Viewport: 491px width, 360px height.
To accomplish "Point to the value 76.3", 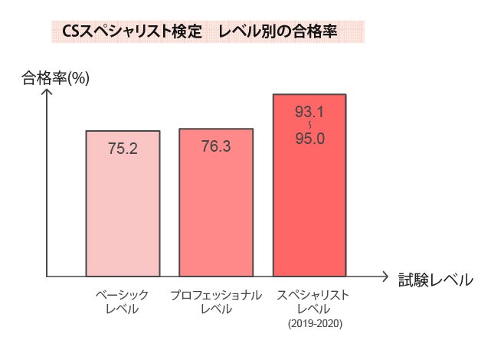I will [x=216, y=146].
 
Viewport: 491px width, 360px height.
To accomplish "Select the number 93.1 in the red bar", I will [x=309, y=113].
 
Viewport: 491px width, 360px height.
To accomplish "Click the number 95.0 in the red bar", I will [x=309, y=139].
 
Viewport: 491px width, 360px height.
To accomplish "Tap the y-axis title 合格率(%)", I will [x=56, y=77].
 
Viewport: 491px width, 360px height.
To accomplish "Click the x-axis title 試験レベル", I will [x=435, y=280].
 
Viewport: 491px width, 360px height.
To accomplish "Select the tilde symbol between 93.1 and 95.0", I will [x=309, y=126].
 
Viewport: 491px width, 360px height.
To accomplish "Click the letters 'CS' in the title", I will [x=70, y=32].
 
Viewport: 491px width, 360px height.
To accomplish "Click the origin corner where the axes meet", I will [x=47, y=276].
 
